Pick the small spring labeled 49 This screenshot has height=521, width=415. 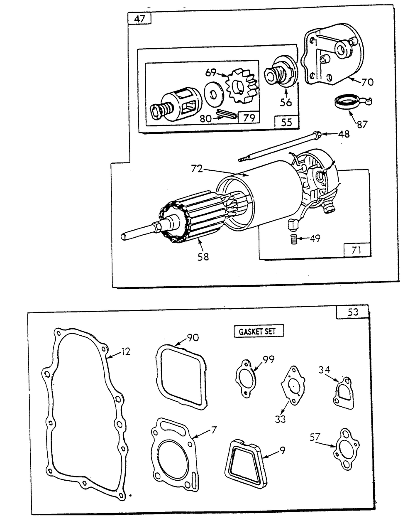coord(293,239)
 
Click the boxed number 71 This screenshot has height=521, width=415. coord(356,250)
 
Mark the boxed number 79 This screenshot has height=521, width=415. coord(249,118)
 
